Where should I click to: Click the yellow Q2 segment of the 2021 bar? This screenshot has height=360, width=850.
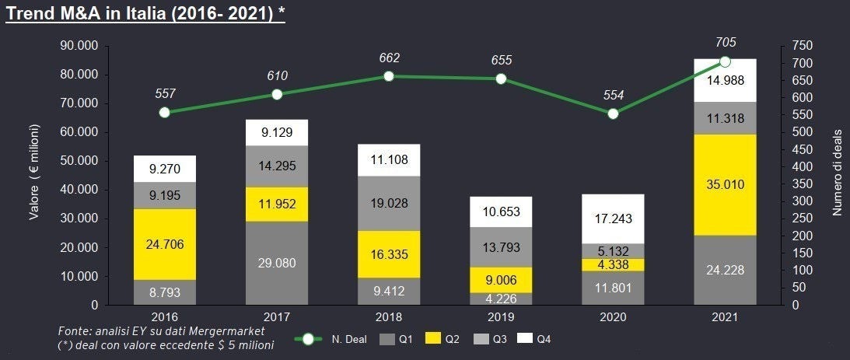725,185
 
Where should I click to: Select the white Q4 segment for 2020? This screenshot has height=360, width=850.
613,218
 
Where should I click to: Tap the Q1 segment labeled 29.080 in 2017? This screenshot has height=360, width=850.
277,263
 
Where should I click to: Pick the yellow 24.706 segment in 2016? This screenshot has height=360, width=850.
165,244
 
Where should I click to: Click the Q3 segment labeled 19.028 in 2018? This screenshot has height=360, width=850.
389,203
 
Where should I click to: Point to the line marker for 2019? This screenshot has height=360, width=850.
501,79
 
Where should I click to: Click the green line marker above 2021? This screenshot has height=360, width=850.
725,61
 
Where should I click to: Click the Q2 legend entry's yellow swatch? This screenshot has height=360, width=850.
433,339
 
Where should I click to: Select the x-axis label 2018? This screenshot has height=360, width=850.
389,318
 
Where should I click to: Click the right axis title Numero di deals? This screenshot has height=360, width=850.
837,176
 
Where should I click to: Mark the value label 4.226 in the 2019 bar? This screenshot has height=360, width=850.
501,299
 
